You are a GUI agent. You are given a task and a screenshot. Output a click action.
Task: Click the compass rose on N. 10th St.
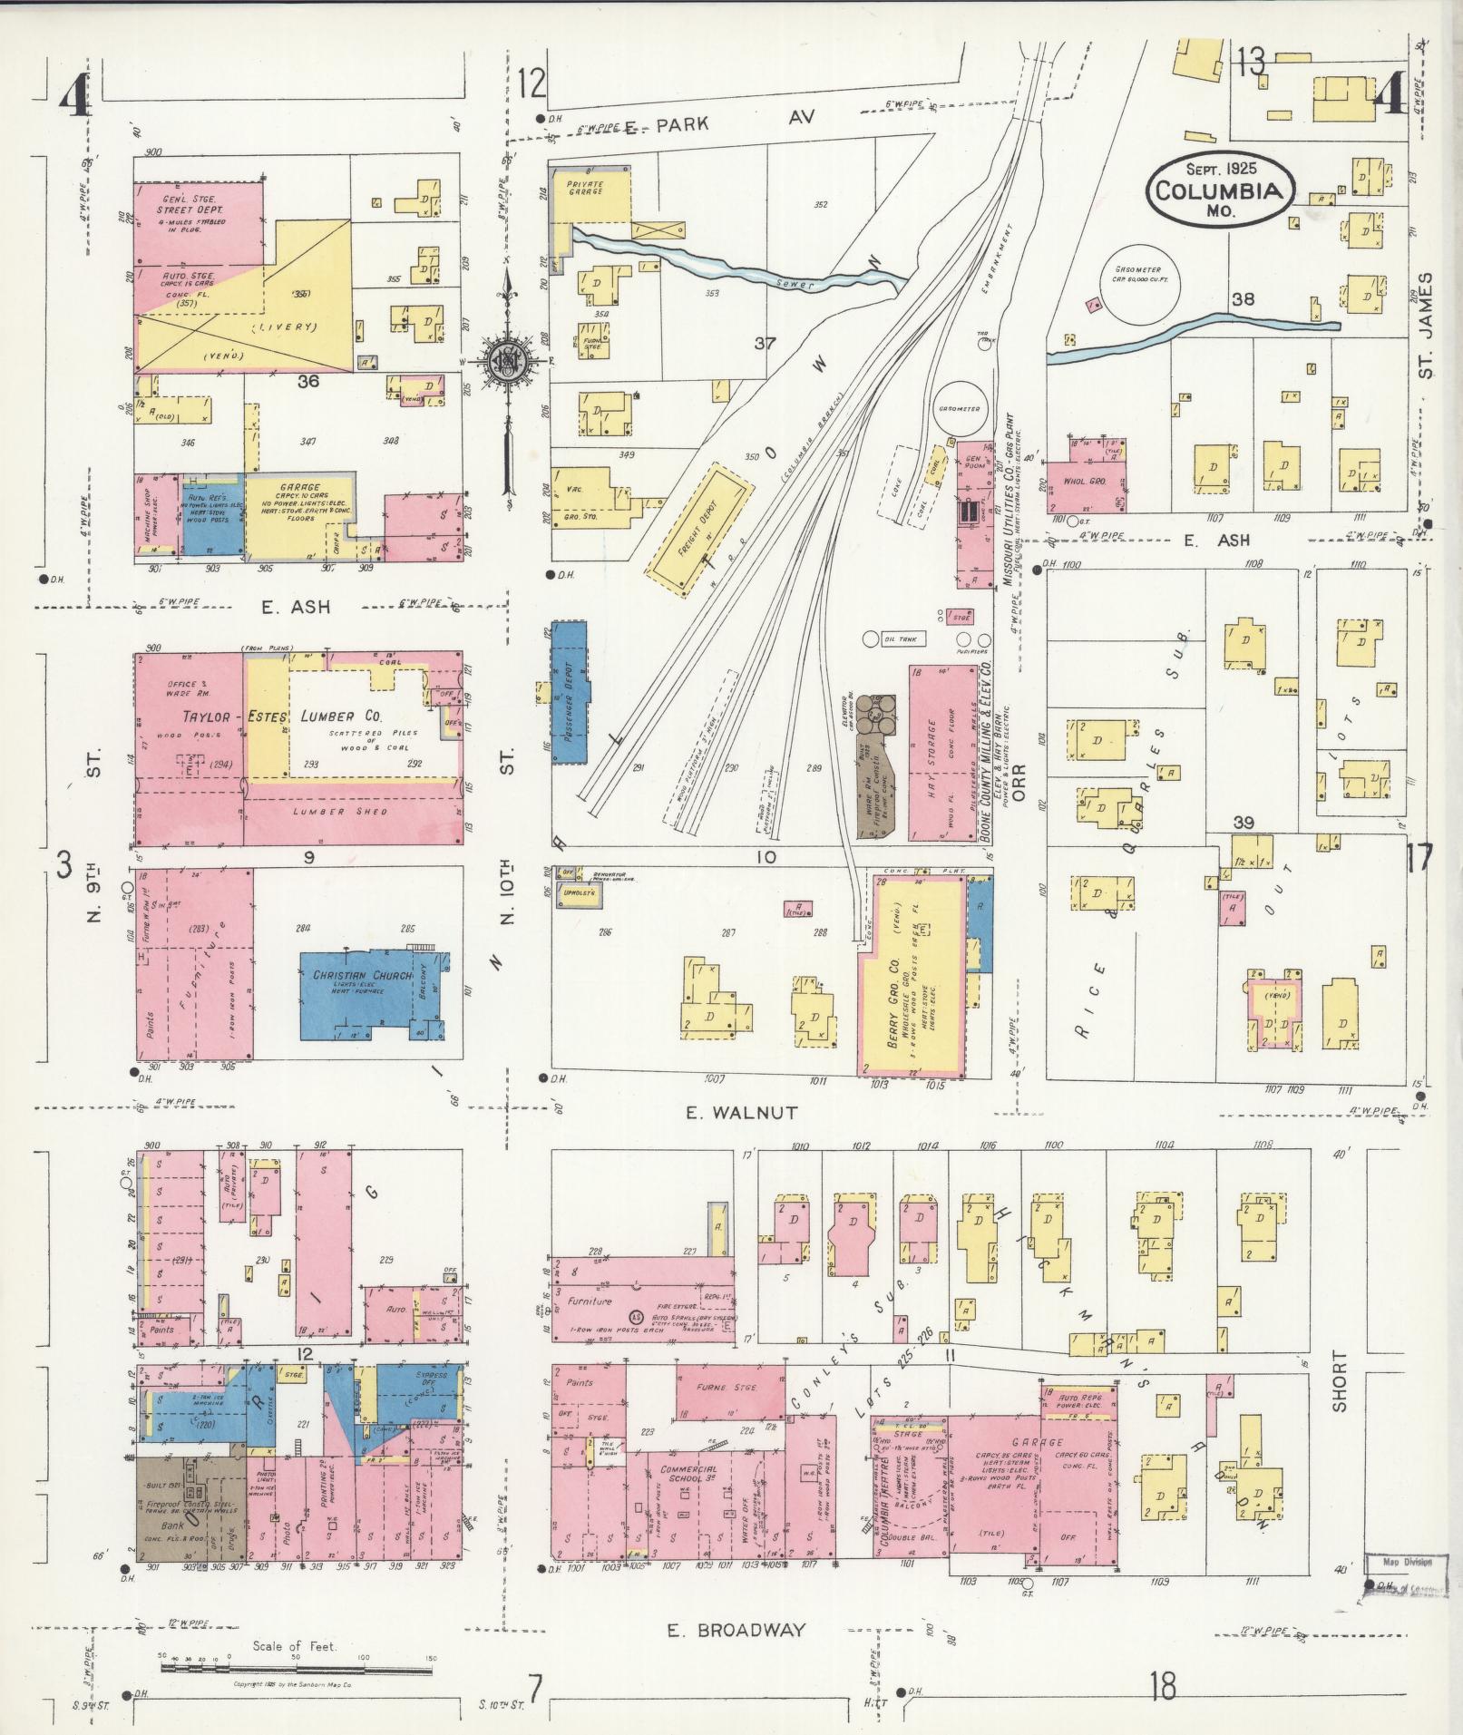click(502, 360)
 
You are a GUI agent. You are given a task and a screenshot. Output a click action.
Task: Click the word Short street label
click(1340, 1381)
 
